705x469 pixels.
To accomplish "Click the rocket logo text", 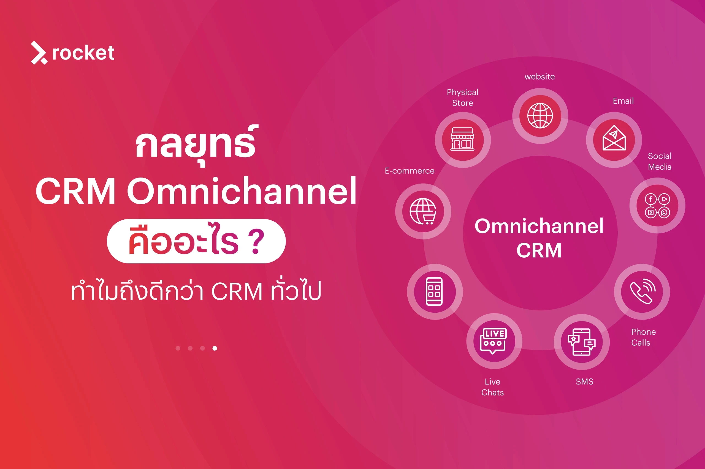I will point(83,53).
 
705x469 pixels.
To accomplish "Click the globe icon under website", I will point(540,116).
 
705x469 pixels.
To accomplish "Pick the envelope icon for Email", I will point(614,139).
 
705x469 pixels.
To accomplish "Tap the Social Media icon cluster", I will point(657,206).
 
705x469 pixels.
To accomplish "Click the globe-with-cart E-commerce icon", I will point(423,211).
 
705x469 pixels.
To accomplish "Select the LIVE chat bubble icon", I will point(494,341).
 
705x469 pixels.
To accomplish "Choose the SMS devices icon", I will point(581,342).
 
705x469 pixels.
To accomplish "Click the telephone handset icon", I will point(642,292).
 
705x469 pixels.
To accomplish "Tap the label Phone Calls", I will point(643,337).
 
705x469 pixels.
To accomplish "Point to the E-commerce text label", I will point(409,171).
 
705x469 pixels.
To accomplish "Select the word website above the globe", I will point(539,77).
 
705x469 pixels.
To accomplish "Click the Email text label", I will point(623,101).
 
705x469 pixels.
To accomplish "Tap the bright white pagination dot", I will point(215,348).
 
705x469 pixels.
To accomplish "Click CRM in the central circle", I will point(539,250).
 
